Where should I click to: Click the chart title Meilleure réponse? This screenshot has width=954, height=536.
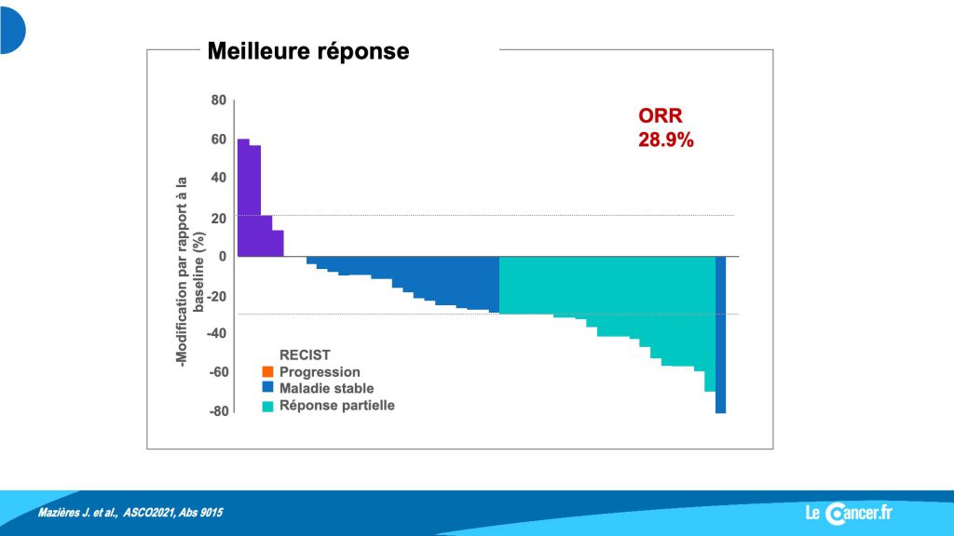click(x=307, y=51)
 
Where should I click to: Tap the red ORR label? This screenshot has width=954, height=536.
click(x=661, y=115)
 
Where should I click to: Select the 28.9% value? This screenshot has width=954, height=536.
click(x=665, y=140)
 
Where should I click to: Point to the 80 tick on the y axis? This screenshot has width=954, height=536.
click(x=218, y=100)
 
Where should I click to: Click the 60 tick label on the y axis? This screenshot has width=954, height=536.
click(x=218, y=140)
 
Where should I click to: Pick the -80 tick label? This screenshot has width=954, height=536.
click(x=219, y=410)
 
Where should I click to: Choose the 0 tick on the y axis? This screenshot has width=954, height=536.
click(x=223, y=257)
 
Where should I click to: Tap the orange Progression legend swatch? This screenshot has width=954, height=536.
click(x=267, y=372)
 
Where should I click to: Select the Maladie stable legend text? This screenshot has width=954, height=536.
click(x=326, y=388)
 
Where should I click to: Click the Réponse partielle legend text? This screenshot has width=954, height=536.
click(x=336, y=406)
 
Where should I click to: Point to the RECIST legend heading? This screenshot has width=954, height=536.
click(x=305, y=355)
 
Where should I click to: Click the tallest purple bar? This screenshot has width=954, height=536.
click(x=243, y=197)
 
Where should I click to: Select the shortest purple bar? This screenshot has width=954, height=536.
click(x=278, y=243)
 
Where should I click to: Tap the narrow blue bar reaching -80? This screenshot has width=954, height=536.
click(x=720, y=335)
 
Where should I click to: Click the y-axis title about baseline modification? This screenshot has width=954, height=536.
click(x=190, y=271)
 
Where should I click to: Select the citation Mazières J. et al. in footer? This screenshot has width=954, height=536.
click(x=130, y=513)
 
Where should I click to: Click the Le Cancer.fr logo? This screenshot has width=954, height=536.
click(x=849, y=514)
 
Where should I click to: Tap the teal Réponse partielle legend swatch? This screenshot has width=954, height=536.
click(x=267, y=406)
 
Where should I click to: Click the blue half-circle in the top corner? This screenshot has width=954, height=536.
click(x=13, y=31)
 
